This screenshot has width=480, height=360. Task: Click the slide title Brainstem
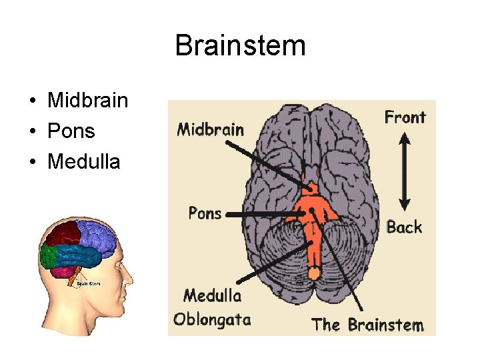(240, 46)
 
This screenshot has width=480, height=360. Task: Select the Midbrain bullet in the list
(87, 101)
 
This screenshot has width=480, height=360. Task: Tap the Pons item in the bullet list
(71, 131)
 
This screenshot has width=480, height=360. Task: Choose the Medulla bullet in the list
(84, 161)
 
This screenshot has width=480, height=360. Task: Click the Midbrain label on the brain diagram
(210, 129)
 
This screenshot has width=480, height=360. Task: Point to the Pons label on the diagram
(205, 213)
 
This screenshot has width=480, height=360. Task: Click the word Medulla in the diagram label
(212, 295)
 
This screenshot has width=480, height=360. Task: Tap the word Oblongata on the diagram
(212, 319)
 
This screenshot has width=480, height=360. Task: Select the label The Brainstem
(367, 325)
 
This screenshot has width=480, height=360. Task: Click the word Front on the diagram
(405, 117)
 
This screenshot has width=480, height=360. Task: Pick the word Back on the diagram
(404, 227)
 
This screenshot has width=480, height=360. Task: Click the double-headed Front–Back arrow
(404, 171)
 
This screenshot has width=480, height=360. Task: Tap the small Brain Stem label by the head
(88, 283)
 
